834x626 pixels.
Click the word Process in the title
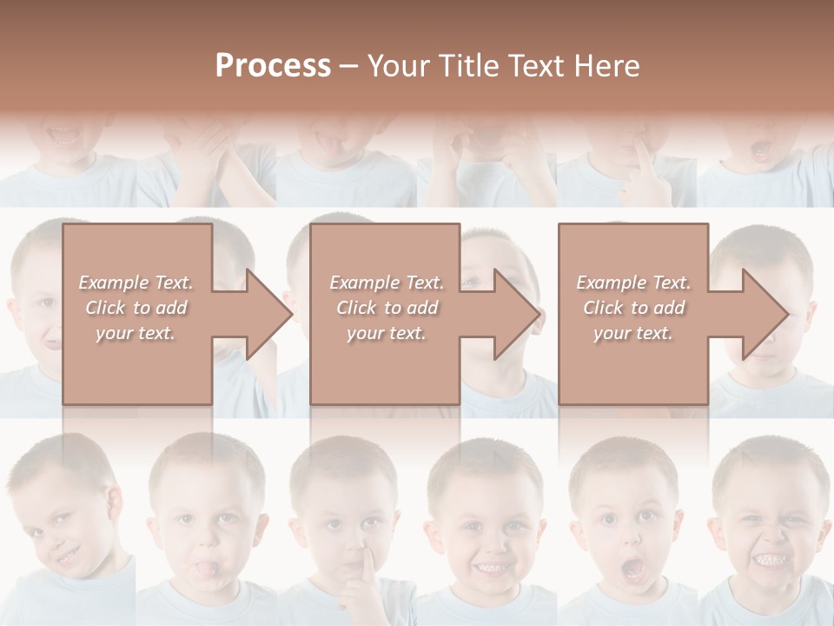point(273,66)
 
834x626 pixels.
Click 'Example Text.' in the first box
point(136,283)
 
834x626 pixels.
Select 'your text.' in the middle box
point(386,333)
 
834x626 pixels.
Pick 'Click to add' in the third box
point(633,308)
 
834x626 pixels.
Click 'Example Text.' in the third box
point(633,283)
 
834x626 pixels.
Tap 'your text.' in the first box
point(136,333)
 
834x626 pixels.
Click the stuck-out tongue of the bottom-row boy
point(202,570)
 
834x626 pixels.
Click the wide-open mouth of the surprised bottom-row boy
point(633,569)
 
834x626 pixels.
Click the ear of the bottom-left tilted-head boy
point(112,503)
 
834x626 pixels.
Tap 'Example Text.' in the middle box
point(386,283)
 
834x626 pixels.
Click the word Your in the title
point(400,66)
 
